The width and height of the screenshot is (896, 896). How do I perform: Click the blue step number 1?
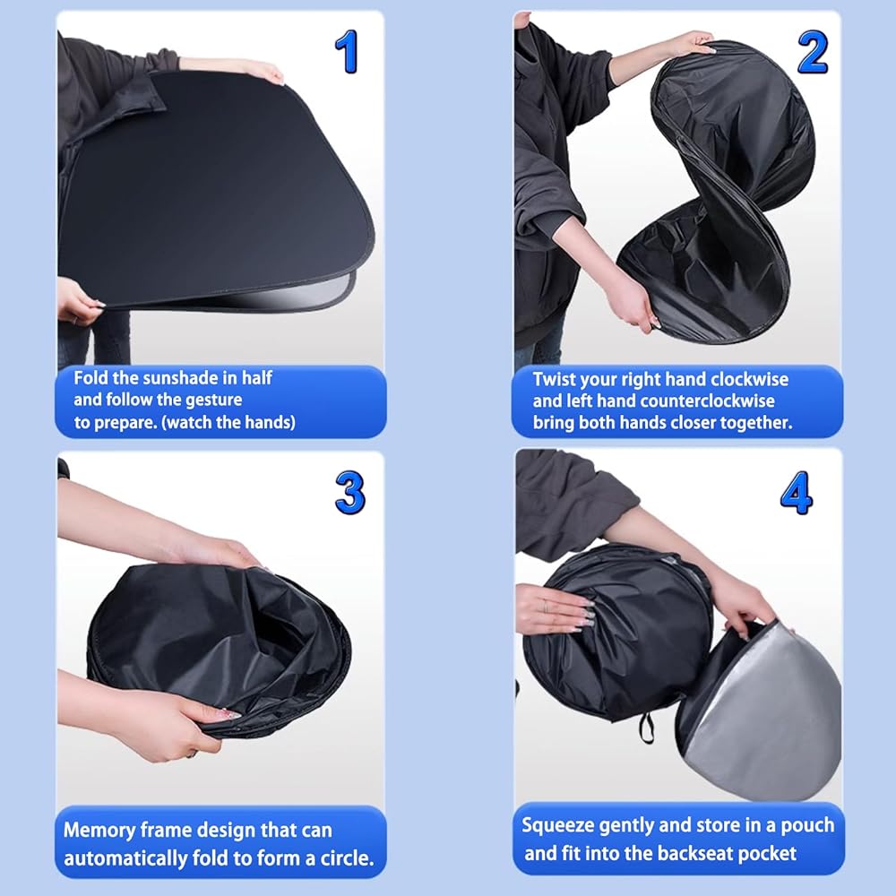pyautogui.click(x=347, y=51)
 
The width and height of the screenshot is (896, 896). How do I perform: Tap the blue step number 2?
pyautogui.click(x=813, y=52)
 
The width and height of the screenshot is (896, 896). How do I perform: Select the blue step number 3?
pyautogui.click(x=349, y=492)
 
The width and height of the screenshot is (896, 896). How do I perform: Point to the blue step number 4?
pyautogui.click(x=796, y=492)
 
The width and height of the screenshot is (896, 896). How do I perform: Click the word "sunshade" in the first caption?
pyautogui.click(x=181, y=378)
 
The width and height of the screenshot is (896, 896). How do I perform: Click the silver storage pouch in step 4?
pyautogui.click(x=760, y=709)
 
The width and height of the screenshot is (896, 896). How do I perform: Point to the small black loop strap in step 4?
pyautogui.click(x=646, y=728)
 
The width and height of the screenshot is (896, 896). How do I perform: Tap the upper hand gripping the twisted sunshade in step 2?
pyautogui.click(x=685, y=46)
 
